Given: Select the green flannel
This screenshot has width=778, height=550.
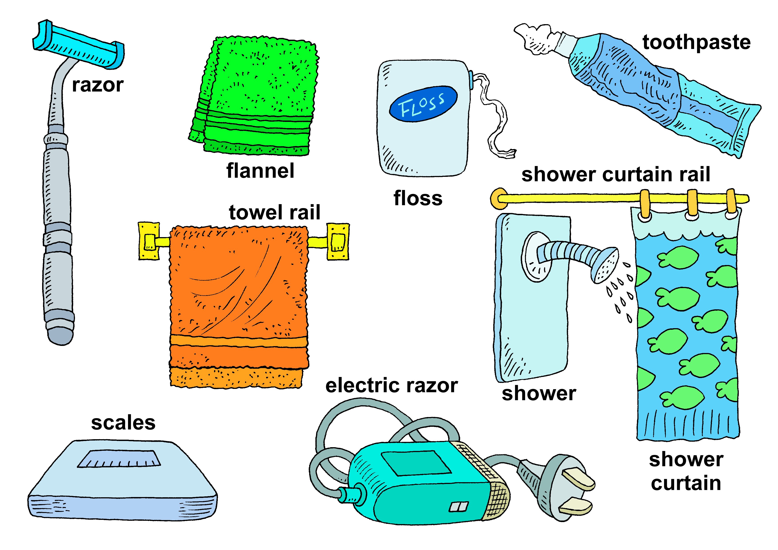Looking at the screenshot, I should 257,95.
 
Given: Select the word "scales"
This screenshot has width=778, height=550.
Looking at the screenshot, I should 123,423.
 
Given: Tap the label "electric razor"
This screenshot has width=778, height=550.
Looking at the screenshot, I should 391,386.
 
